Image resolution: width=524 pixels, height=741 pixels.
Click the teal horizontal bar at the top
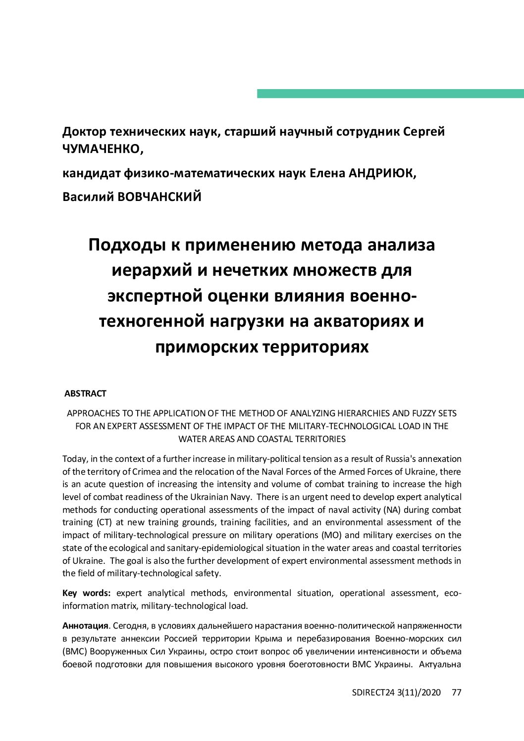[x=390, y=94]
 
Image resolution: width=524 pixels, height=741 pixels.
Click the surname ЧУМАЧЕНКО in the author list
[x=102, y=148]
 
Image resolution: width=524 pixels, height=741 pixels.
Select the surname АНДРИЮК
[x=382, y=173]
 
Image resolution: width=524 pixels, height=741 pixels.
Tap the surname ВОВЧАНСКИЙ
[x=159, y=197]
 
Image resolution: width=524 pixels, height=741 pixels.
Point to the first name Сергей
[x=424, y=132]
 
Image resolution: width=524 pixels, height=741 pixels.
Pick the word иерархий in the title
[x=152, y=270]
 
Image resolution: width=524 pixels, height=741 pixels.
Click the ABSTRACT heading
[x=85, y=394]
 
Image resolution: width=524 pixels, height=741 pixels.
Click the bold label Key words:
[x=86, y=593]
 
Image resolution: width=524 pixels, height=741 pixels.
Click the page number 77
[x=457, y=692]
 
